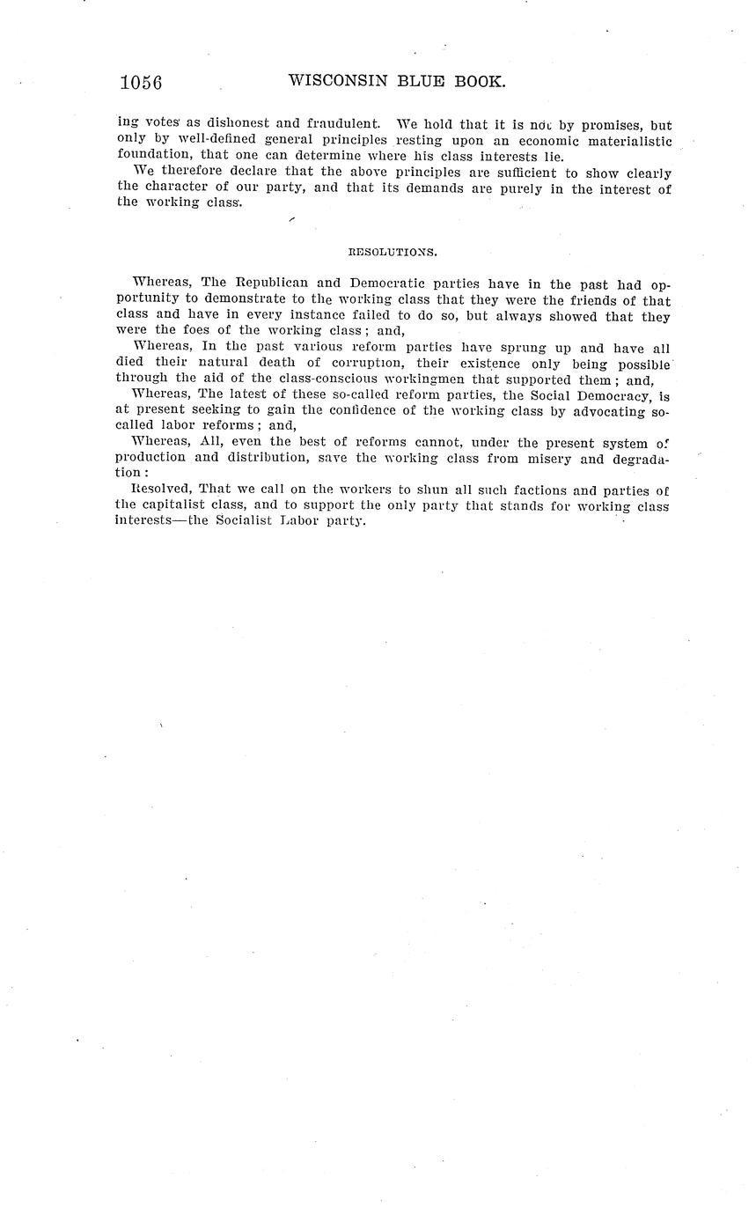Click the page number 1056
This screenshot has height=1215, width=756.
(141, 83)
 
